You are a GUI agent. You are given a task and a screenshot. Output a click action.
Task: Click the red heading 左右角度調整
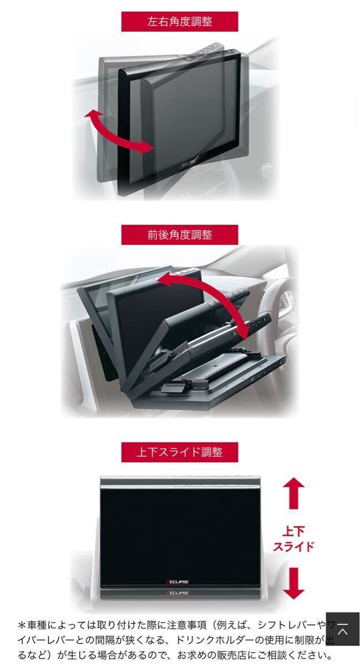point(180,22)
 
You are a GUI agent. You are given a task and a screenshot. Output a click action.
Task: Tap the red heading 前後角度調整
point(180,234)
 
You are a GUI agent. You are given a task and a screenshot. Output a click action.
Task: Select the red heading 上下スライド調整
point(180,452)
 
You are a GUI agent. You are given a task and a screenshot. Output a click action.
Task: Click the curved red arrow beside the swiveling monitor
point(118,132)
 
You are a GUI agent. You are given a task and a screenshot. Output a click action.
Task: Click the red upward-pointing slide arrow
point(293,493)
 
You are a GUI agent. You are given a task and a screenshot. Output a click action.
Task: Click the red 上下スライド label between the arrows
point(293,538)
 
